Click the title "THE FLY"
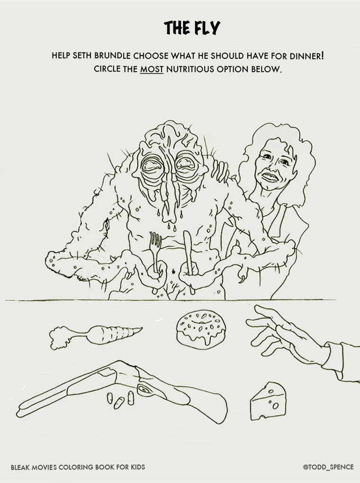coord(192,27)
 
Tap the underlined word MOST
coord(152,69)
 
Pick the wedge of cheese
coord(268,401)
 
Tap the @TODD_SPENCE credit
coord(328,467)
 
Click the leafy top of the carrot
coord(62,337)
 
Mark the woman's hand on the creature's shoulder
coord(220,172)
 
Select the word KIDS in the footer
coord(138,467)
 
